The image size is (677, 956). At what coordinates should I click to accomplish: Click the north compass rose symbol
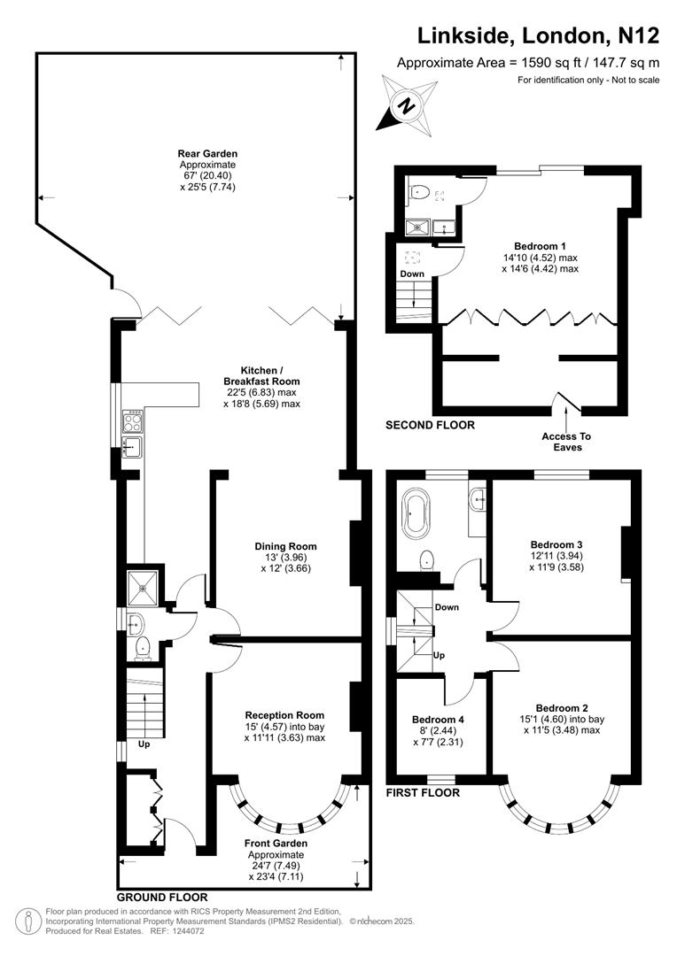[406, 104]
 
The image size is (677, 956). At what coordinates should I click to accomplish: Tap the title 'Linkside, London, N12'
[539, 35]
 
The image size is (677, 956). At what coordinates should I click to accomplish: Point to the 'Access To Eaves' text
[566, 442]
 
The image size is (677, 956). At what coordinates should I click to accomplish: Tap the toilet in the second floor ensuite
[419, 191]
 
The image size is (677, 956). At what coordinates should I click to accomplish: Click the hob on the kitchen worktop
[133, 421]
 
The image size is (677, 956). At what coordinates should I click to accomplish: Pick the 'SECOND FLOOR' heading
[430, 425]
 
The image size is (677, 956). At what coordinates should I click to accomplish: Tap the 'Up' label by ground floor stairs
[144, 744]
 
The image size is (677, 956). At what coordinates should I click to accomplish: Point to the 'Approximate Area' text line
[528, 62]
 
